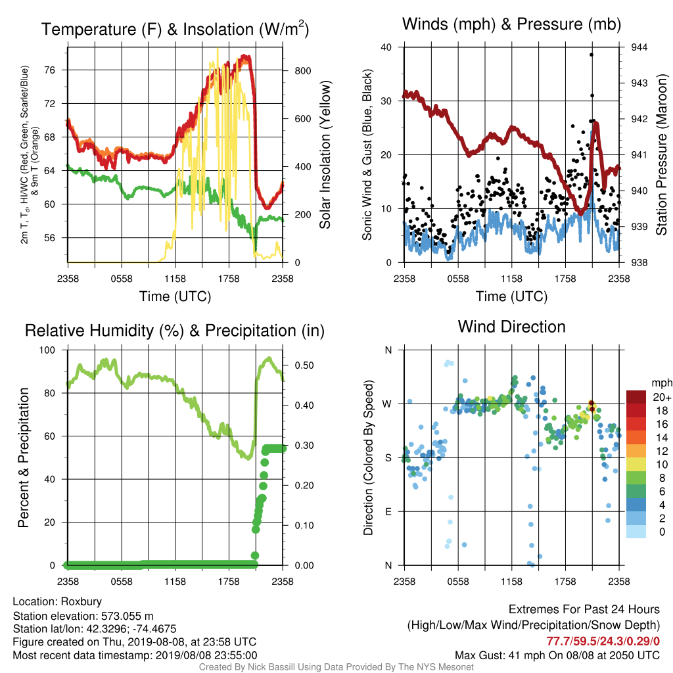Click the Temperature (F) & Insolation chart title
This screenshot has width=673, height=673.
(x=175, y=29)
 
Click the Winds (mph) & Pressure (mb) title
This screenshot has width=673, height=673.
(x=511, y=24)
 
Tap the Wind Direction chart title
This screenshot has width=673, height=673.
(x=511, y=327)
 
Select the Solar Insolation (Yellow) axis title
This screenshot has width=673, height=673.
(x=325, y=154)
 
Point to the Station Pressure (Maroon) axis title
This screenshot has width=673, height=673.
(x=661, y=154)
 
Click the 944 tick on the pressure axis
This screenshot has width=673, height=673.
(x=639, y=47)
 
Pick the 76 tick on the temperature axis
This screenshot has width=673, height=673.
(x=50, y=70)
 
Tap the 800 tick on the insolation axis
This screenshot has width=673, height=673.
(x=303, y=71)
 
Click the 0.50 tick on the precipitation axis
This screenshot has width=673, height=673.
(x=304, y=365)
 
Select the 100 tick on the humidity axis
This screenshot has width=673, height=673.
(x=47, y=350)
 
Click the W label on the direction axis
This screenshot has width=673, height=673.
(x=387, y=404)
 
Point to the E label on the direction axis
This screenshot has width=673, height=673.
(x=388, y=511)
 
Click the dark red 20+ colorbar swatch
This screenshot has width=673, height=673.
(x=636, y=397)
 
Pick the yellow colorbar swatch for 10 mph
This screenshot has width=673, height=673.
(x=636, y=465)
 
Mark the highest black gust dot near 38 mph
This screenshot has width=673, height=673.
(x=592, y=55)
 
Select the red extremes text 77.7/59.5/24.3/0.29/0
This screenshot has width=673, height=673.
(x=603, y=641)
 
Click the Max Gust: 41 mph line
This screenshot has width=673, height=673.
(x=557, y=655)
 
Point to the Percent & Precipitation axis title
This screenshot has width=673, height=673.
(x=24, y=457)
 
